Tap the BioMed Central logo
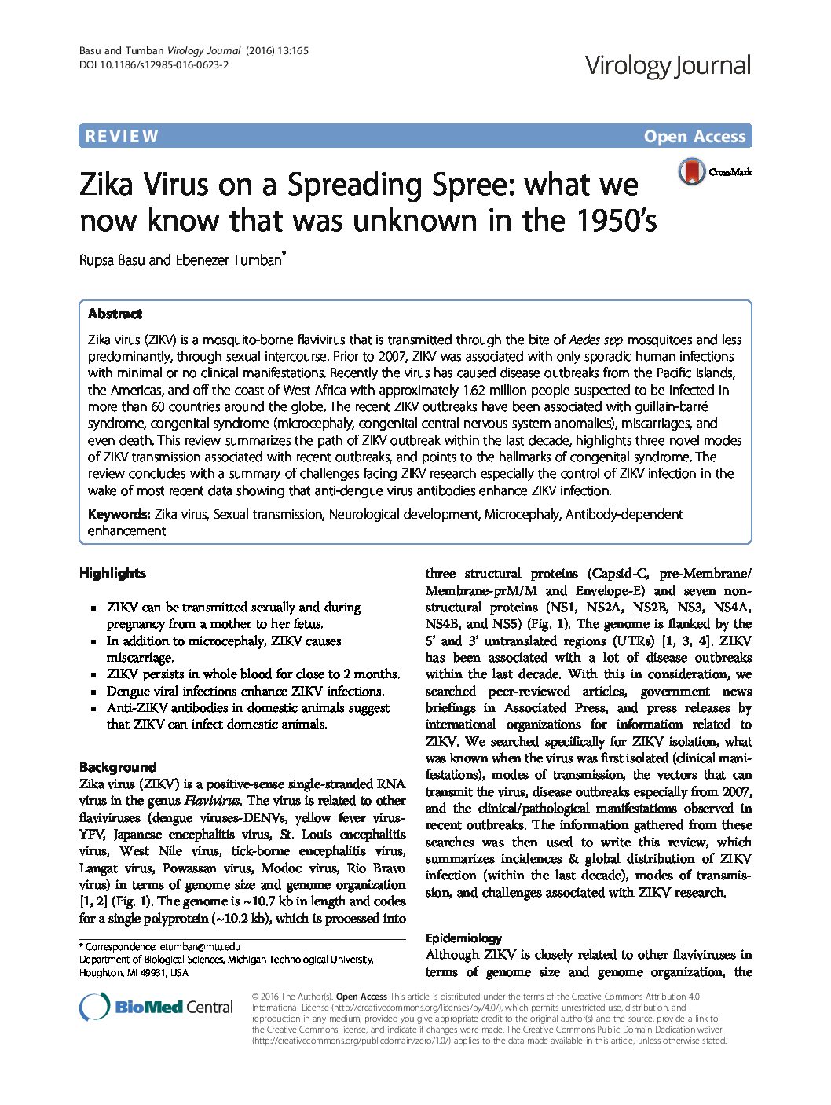[156, 1007]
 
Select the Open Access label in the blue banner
[694, 137]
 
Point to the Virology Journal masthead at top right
[668, 65]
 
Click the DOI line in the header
[154, 65]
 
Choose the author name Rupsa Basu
[112, 260]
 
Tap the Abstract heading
[115, 314]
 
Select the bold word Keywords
[119, 514]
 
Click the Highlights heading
[112, 573]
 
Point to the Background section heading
[118, 767]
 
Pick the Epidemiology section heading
[463, 938]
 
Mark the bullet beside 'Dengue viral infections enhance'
[92, 692]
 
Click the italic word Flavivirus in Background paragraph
[211, 801]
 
